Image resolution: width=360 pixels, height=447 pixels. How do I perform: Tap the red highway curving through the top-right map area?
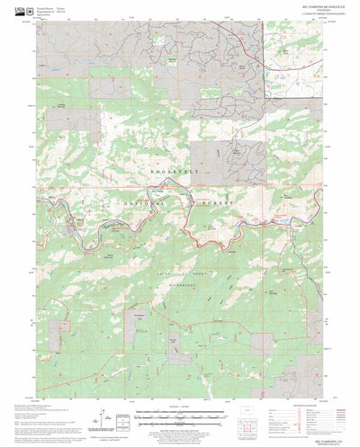(255, 45)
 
